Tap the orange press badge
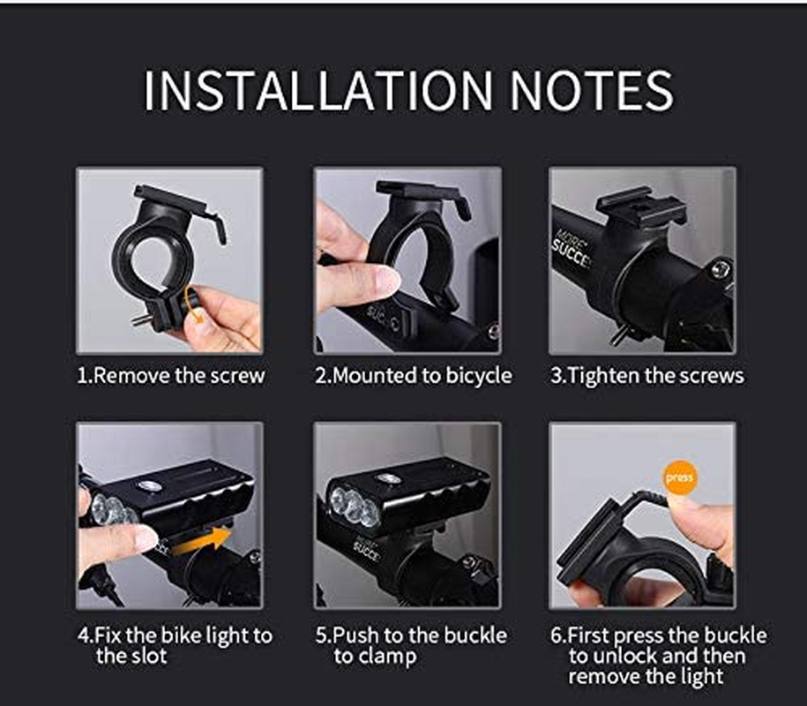click(x=680, y=477)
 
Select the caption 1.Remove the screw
click(x=170, y=375)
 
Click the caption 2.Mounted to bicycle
click(x=413, y=375)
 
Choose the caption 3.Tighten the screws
click(x=647, y=375)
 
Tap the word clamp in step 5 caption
click(x=387, y=656)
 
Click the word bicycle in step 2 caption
click(x=472, y=375)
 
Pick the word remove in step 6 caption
click(x=599, y=677)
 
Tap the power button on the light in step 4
click(x=148, y=486)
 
